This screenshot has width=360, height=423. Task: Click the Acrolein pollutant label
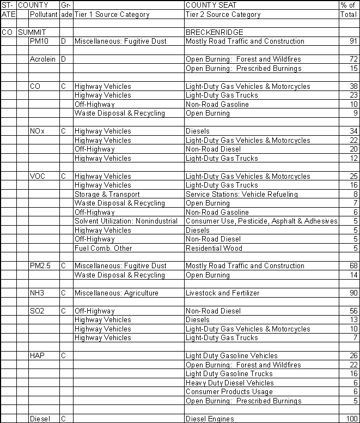point(42,59)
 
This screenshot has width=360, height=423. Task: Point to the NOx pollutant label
point(38,131)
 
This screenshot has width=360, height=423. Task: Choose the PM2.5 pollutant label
point(41,266)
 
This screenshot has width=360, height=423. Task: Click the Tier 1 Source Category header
point(112,15)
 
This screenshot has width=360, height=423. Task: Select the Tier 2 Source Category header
point(223,15)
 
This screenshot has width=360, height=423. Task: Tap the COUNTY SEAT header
point(210,5)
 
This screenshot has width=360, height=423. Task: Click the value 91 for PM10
point(353,41)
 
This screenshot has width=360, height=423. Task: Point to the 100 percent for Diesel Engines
point(352,419)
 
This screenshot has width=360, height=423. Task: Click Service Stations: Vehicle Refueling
point(241,194)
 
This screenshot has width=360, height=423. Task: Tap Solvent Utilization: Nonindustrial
point(126,221)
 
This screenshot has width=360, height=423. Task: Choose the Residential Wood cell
point(214,248)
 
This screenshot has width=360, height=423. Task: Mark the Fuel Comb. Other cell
point(103,248)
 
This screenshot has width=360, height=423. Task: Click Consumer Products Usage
point(229,392)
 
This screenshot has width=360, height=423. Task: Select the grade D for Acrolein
point(63,59)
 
